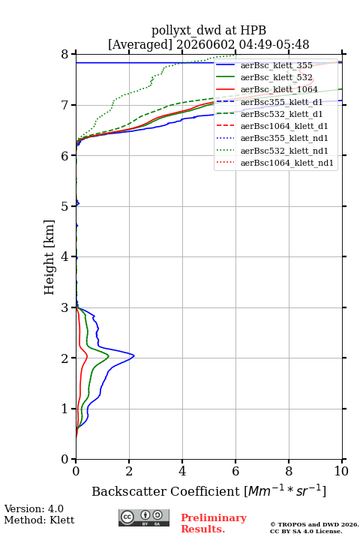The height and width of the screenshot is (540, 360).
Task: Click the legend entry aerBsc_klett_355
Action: click(277, 65)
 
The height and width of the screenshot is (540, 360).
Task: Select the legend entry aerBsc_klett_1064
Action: click(279, 89)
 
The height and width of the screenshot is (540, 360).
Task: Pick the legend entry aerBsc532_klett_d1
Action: click(281, 114)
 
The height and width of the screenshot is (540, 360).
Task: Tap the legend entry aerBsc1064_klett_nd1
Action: click(287, 163)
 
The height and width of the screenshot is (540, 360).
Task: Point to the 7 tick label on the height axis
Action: click(64, 105)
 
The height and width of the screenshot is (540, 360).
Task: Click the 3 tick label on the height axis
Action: click(64, 307)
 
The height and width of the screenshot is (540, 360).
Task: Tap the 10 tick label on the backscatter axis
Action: click(341, 471)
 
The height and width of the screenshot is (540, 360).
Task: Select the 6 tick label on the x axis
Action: click(235, 471)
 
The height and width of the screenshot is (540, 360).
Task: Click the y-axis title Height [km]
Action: click(49, 257)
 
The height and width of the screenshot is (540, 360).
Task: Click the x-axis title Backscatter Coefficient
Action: click(166, 491)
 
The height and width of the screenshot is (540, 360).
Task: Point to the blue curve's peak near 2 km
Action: click(134, 355)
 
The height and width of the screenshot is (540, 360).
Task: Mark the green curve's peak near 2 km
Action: click(109, 356)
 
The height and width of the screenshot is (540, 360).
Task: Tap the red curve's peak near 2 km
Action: click(87, 356)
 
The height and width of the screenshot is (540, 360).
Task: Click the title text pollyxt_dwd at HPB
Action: click(208, 30)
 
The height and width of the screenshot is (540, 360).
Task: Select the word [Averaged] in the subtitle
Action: click(140, 44)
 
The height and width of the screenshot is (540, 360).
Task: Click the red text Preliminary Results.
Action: click(214, 523)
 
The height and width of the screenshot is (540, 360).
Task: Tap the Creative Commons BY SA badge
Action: click(144, 518)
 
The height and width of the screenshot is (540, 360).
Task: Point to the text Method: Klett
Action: click(39, 520)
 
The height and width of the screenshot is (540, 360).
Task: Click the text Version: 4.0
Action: click(34, 508)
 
